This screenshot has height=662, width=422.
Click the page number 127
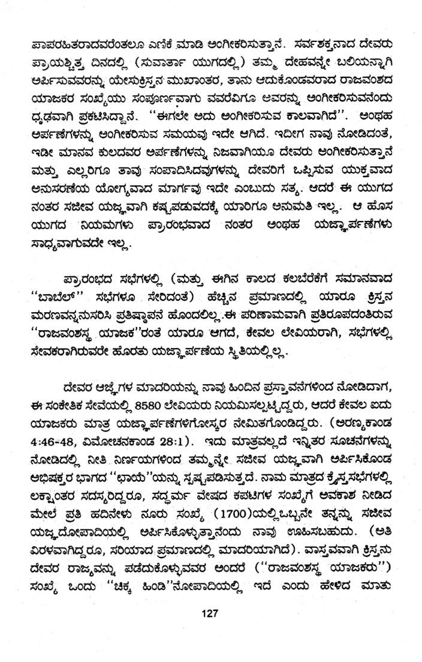click(x=210, y=613)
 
